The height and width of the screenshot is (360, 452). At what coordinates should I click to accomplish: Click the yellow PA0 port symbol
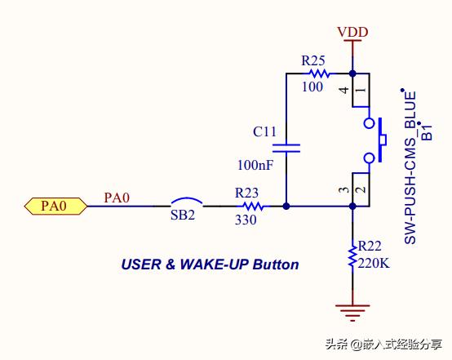pos(55,206)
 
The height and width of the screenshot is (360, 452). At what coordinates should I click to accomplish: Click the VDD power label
pos(352,32)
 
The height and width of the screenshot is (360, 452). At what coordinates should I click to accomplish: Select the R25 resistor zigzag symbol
pos(319,73)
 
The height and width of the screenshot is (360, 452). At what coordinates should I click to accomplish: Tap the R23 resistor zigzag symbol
pos(253,207)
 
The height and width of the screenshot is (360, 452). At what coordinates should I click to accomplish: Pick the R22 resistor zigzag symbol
pos(352,256)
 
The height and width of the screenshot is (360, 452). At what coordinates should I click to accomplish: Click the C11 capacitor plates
pos(286,149)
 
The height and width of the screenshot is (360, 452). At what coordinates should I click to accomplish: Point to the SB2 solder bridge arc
pos(187,201)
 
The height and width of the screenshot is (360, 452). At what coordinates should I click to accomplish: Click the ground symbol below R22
pos(352,313)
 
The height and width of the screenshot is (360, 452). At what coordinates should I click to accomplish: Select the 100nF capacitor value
pos(255,165)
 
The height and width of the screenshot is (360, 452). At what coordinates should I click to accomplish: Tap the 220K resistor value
pos(374,263)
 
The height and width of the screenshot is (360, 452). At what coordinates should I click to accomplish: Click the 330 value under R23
pos(246,220)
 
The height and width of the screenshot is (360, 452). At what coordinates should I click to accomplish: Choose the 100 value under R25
pos(312,87)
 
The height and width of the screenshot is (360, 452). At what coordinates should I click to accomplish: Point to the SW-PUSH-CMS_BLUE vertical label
pos(410,167)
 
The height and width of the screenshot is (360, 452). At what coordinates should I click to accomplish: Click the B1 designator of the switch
pos(428,131)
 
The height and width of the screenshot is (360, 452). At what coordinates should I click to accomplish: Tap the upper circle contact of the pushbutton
pos(369,123)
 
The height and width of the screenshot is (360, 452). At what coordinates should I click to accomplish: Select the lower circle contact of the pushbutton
pos(369,158)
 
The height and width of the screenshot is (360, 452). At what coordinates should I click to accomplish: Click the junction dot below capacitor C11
pos(286,207)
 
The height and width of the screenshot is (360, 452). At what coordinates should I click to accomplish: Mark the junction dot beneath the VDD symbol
pos(352,73)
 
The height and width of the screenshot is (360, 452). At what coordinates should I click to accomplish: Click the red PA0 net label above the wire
pos(117,198)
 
